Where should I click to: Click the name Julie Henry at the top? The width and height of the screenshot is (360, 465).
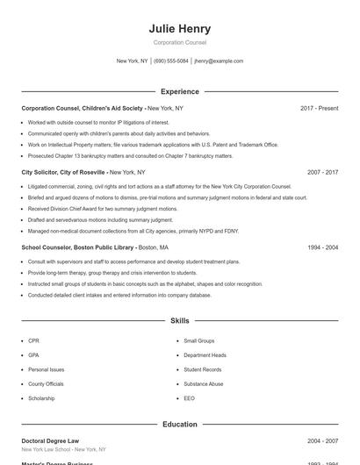click(x=180, y=28)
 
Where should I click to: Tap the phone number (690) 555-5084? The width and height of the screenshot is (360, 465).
click(x=170, y=61)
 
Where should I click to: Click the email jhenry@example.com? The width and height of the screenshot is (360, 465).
click(x=219, y=61)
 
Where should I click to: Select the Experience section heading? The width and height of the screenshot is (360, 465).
click(x=180, y=91)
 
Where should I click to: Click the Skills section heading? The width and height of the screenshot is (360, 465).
click(x=180, y=322)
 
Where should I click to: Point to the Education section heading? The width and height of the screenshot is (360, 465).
click(x=180, y=425)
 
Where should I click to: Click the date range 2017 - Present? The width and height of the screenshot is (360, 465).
click(x=319, y=108)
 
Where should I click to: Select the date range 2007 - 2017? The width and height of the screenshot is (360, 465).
click(x=322, y=173)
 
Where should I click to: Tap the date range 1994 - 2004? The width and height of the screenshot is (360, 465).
click(x=322, y=248)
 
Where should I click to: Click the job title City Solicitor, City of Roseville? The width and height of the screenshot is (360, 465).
click(x=63, y=173)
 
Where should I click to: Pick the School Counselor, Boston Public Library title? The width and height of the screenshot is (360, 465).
click(x=77, y=248)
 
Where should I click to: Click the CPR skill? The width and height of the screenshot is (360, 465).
click(x=33, y=340)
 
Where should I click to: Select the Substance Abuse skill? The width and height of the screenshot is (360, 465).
click(x=203, y=384)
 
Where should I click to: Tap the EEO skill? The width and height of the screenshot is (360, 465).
click(x=189, y=398)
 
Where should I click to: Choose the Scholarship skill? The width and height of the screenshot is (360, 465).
click(x=41, y=398)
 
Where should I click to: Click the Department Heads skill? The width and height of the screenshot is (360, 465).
click(x=205, y=355)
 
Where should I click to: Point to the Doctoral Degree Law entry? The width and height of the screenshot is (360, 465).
click(x=50, y=441)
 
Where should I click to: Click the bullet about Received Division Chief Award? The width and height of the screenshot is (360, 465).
click(x=102, y=210)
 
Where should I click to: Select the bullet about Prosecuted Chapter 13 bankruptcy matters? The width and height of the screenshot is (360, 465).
click(x=130, y=156)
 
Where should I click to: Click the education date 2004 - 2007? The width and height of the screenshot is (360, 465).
click(x=322, y=441)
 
